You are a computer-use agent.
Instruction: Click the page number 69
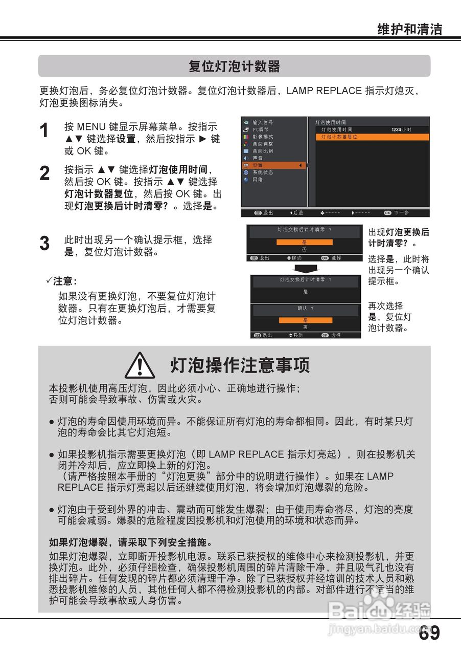[x=429, y=633]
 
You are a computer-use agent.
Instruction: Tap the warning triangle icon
[x=140, y=366]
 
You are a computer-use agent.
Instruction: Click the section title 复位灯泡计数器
[x=234, y=66]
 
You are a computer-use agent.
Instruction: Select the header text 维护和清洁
[x=409, y=29]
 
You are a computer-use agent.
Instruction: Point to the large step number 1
[x=45, y=131]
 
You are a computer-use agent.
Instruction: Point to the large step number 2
[x=45, y=173]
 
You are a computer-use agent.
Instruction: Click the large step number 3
[x=45, y=244]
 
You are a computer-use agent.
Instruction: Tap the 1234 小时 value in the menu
[x=401, y=130]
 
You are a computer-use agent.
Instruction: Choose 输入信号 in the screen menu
[x=263, y=123]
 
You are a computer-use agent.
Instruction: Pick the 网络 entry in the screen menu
[x=258, y=180]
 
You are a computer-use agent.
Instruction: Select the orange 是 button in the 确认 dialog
[x=305, y=320]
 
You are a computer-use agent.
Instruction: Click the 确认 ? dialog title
[x=305, y=309]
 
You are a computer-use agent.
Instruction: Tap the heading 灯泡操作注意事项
[x=240, y=366]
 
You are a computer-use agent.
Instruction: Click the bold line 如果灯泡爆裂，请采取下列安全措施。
[x=130, y=542]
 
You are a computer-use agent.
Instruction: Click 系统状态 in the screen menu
[x=263, y=172]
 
